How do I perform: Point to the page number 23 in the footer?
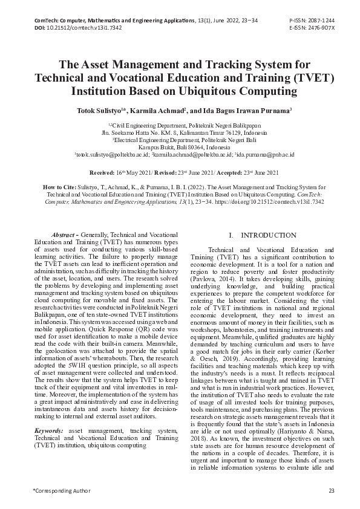331,490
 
